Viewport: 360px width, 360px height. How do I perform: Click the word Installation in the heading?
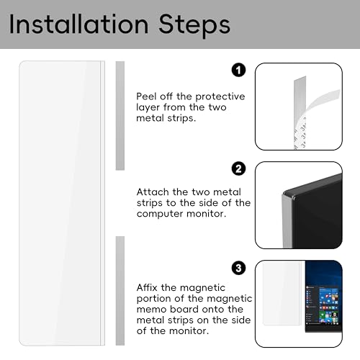(x=78, y=24)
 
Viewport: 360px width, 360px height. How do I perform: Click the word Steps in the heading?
(x=194, y=26)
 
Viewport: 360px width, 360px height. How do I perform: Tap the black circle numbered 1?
(x=238, y=71)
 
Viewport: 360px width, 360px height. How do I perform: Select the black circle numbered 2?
(x=238, y=168)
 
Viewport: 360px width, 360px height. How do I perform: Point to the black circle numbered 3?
(x=238, y=268)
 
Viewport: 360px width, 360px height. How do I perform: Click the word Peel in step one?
(x=146, y=96)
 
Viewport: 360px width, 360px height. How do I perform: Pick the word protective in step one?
(x=220, y=97)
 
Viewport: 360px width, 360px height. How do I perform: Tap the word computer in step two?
(x=160, y=214)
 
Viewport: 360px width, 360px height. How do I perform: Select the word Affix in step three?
(x=147, y=287)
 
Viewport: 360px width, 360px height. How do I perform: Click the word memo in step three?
(x=151, y=309)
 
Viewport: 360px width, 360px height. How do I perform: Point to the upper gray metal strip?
(x=120, y=116)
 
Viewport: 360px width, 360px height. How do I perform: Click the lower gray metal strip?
(x=120, y=291)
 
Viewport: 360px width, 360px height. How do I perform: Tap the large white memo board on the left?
(x=62, y=203)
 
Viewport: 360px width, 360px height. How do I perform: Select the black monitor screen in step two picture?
(x=317, y=216)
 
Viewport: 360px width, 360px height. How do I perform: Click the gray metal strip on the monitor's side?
(x=287, y=221)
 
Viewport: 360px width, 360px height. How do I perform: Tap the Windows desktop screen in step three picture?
(x=324, y=297)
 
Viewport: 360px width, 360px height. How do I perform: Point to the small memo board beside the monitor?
(x=282, y=293)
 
